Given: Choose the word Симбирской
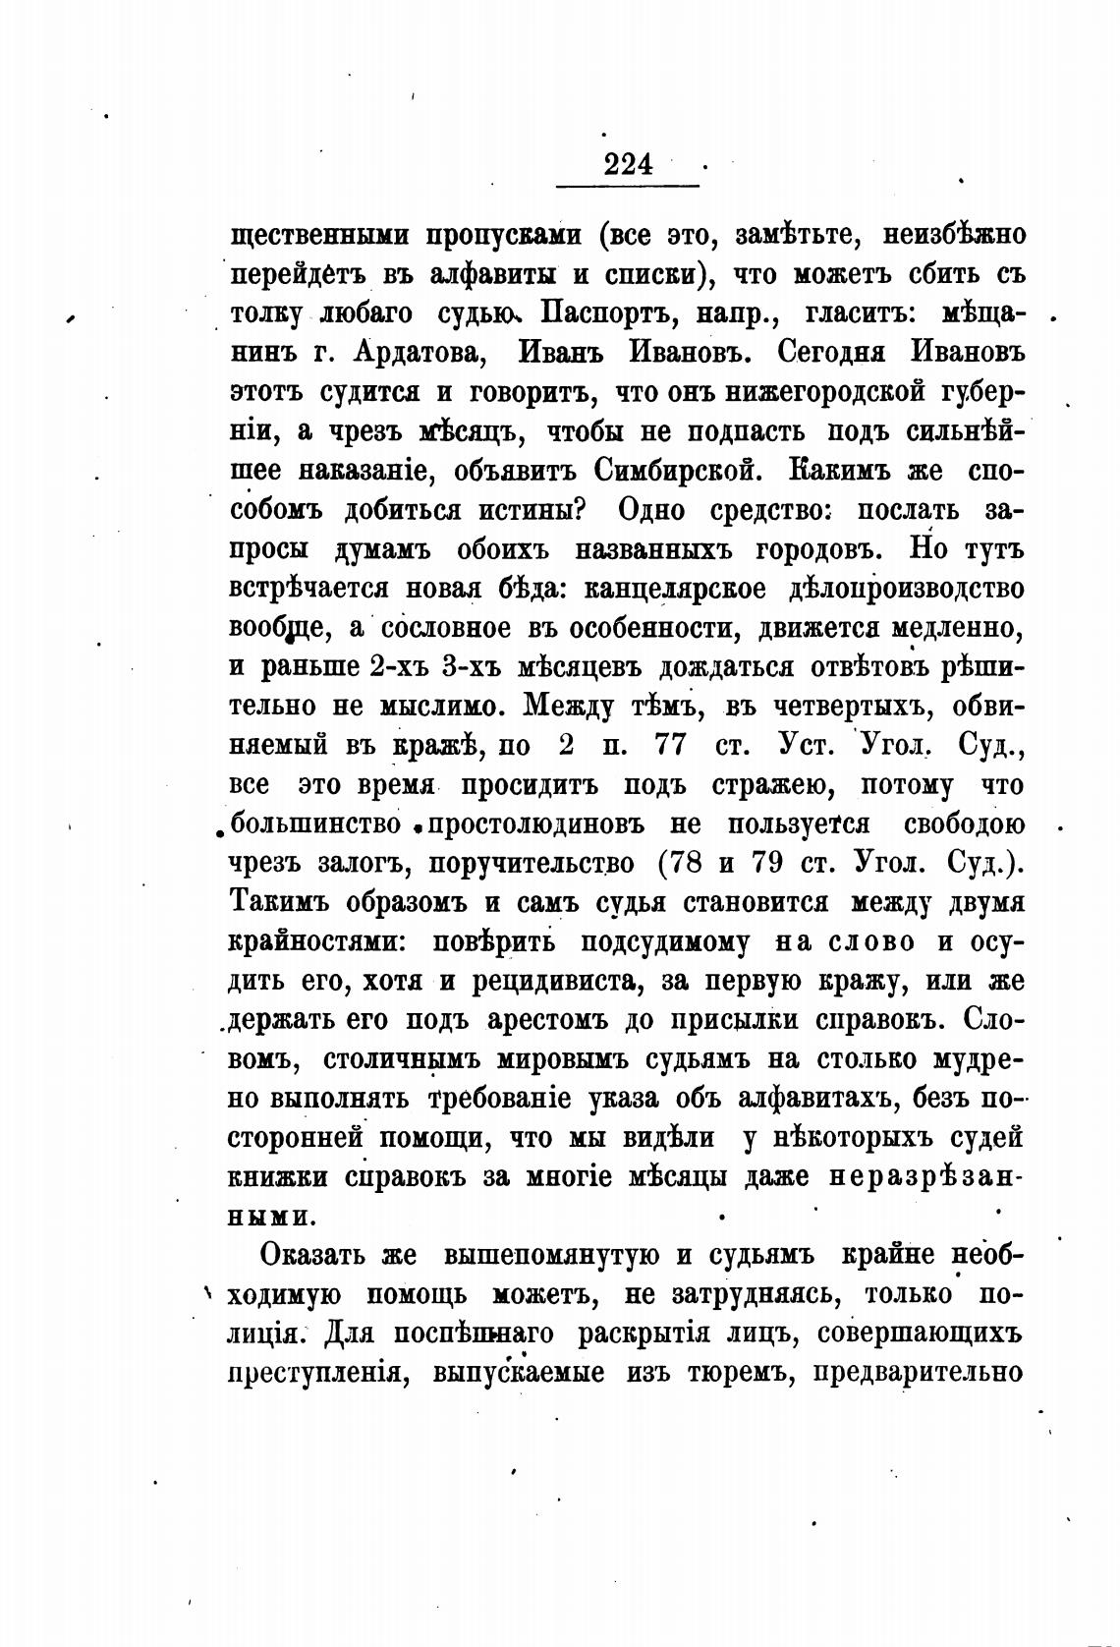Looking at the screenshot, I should tap(678, 471).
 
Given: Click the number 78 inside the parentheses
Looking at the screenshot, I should tap(687, 864).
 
